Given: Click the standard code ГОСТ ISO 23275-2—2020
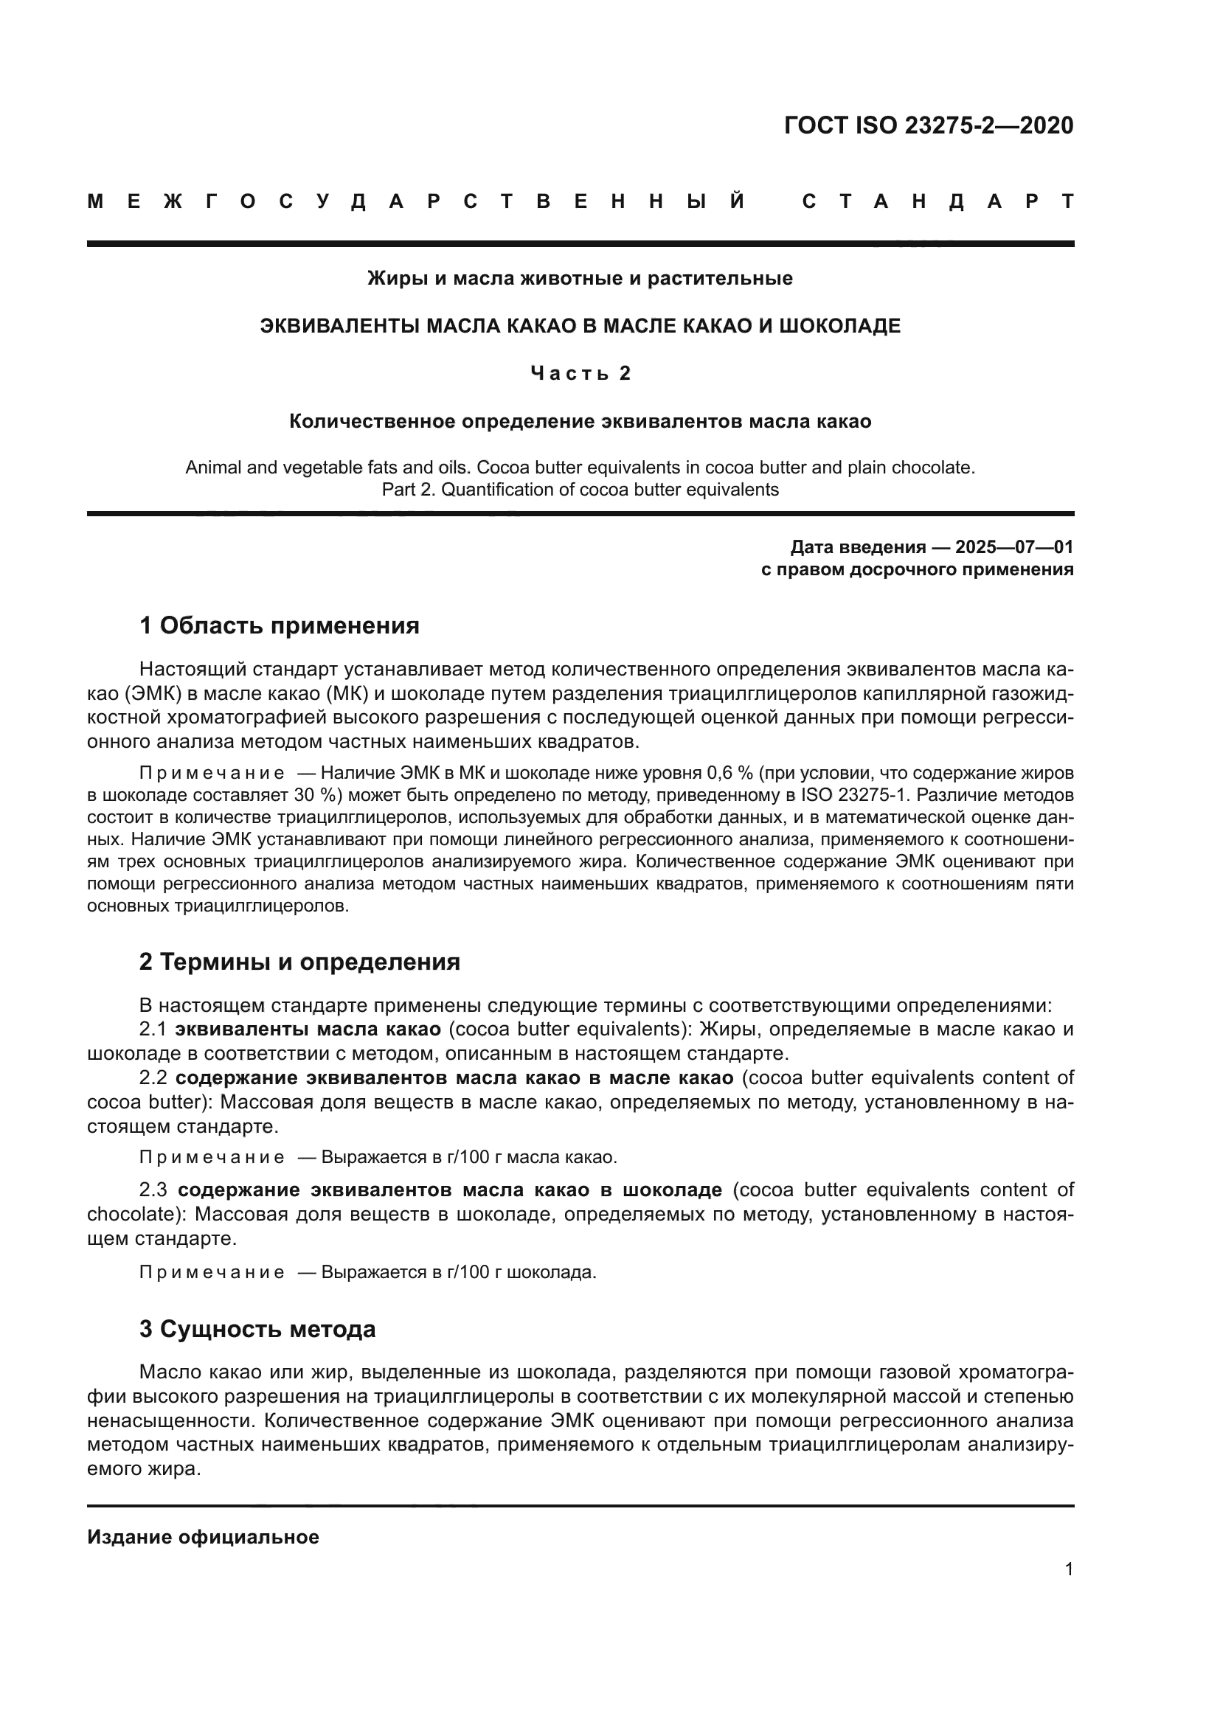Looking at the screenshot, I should coord(928,125).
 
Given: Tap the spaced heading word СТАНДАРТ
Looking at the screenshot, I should coord(937,201).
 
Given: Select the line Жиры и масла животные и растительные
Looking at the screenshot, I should coord(580,279).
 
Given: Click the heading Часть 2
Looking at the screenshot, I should coord(580,373).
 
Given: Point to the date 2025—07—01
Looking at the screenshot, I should coord(1014,546).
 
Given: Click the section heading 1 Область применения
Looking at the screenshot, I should coord(279,625).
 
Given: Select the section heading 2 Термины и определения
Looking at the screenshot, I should coord(299,962).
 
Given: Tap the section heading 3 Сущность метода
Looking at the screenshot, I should coord(257,1329).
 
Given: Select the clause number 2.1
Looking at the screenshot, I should coord(153,1030).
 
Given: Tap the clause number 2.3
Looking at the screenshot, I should coord(154,1190).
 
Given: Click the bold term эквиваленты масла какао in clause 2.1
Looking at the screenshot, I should coord(308,1030).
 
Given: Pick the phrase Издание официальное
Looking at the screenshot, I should coord(203,1537).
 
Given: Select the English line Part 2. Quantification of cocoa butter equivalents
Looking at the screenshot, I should coord(580,490).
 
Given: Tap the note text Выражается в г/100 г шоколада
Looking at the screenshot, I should coord(458,1273).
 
